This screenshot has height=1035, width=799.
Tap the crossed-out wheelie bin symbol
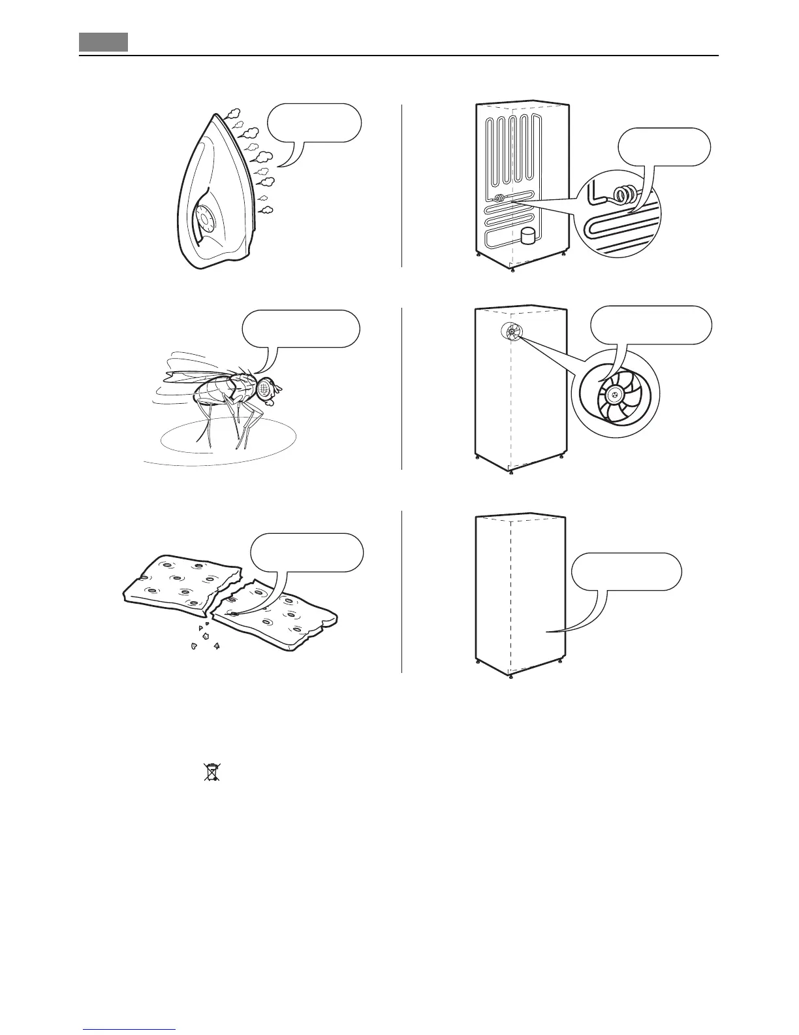210,772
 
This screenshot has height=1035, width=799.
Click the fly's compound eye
265,388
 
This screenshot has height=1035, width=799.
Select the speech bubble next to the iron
314,122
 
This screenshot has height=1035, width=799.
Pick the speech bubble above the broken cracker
307,552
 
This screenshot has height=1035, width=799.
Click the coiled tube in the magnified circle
627,194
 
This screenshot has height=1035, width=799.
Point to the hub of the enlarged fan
616,395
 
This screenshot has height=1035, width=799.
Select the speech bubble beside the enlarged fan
650,325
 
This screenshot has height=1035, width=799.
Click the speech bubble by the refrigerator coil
664,148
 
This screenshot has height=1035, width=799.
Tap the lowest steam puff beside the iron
266,210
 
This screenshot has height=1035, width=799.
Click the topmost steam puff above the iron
233,113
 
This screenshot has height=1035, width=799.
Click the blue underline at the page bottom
129,1030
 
